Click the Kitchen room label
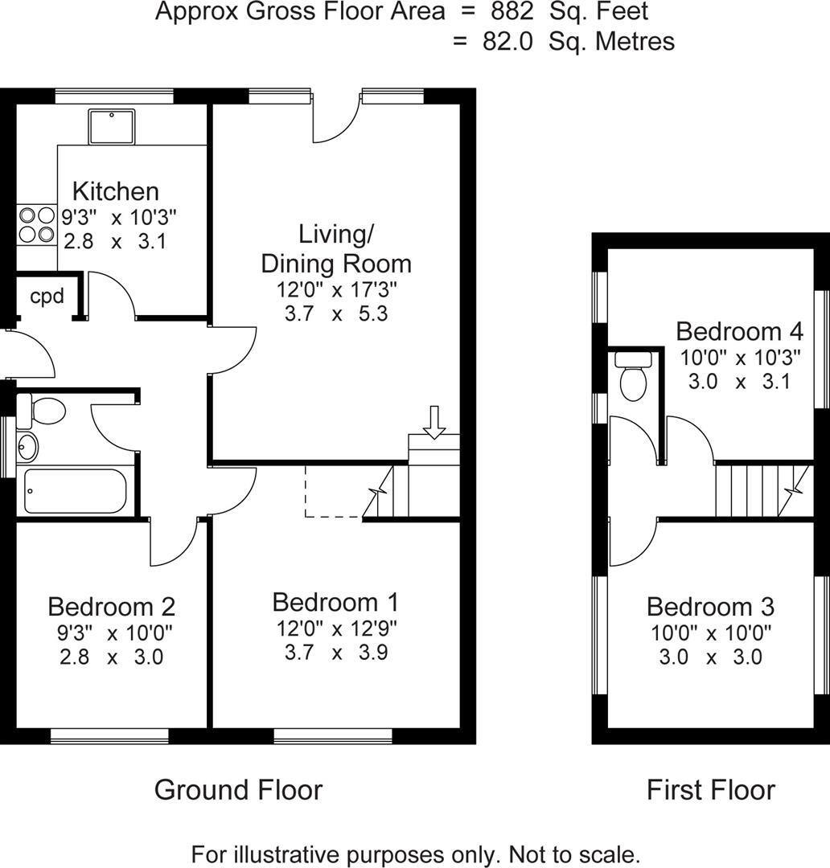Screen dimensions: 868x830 115,191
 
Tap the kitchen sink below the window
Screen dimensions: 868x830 113,125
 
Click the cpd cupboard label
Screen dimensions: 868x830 47,296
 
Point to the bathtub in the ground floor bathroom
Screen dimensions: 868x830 75,489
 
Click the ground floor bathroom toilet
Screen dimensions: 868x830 43,411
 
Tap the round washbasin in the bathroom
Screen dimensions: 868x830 27,444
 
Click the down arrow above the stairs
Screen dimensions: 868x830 434,422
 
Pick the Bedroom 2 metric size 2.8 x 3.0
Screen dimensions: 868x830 111,657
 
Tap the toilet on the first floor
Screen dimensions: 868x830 633,378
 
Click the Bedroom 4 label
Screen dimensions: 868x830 739,331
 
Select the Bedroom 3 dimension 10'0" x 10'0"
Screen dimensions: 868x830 711,633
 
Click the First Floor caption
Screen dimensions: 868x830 711,790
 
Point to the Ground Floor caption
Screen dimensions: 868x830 238,790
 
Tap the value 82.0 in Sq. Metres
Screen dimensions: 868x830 507,42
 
